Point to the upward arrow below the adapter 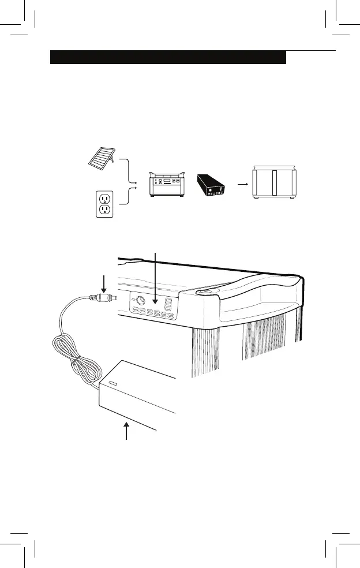pos(126,430)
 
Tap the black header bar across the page pos(168,57)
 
